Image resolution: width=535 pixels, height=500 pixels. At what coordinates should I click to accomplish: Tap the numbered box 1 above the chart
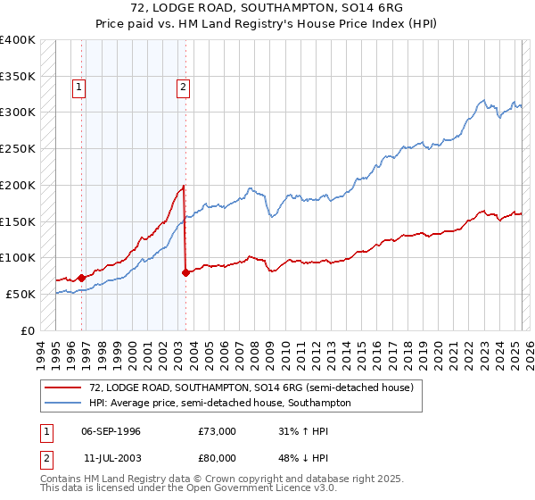point(79,87)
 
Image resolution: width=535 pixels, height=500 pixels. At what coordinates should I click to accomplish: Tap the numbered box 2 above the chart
point(183,87)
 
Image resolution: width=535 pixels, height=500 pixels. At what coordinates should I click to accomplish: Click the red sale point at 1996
point(81,278)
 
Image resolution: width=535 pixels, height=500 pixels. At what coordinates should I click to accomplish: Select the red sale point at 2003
point(185,272)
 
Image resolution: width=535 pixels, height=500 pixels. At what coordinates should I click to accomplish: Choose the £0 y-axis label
point(29,330)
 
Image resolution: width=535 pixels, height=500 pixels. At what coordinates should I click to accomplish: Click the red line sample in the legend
point(62,388)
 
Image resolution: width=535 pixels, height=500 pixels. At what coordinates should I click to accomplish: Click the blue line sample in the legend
point(62,403)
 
